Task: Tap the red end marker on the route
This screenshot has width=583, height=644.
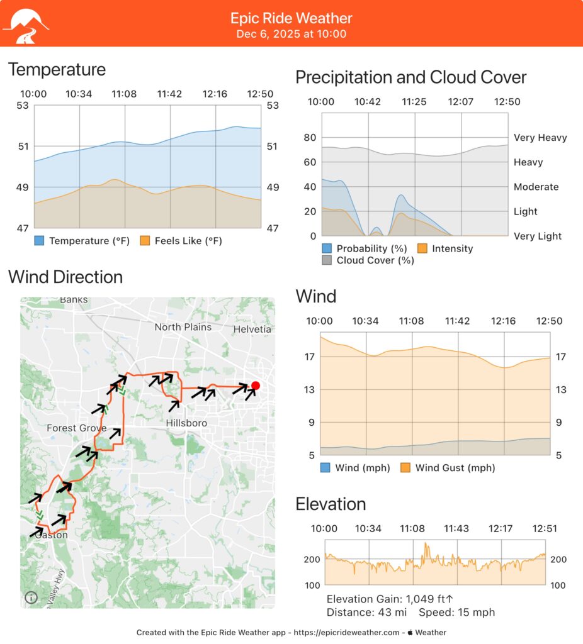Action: [255, 386]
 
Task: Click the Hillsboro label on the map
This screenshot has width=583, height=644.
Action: [186, 423]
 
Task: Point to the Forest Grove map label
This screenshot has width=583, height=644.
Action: [76, 428]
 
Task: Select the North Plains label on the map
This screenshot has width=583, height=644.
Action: [183, 327]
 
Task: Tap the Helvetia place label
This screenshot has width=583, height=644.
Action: [252, 329]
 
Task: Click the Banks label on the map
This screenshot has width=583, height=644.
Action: [74, 300]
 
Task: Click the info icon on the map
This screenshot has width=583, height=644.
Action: [31, 598]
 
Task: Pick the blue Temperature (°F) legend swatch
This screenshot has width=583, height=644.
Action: [39, 240]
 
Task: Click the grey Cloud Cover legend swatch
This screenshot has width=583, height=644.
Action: [327, 260]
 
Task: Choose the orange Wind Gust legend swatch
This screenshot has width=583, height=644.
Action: [405, 467]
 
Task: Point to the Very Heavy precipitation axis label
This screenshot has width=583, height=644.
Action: [540, 138]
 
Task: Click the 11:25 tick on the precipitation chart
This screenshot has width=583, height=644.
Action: [414, 102]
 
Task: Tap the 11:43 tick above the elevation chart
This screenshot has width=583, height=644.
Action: [456, 529]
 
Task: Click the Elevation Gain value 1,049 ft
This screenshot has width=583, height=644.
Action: [430, 599]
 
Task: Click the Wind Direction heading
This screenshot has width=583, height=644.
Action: [65, 277]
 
